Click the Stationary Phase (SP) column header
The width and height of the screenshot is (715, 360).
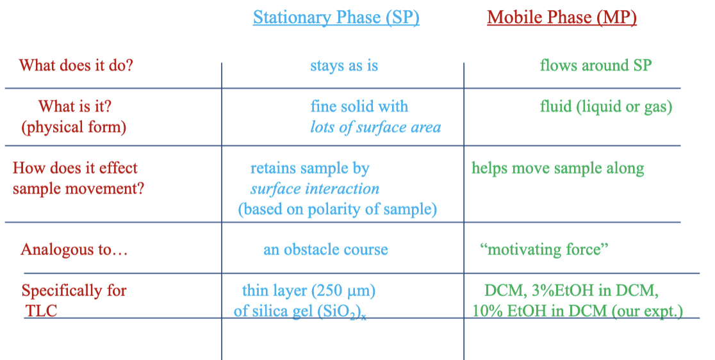(x=336, y=17)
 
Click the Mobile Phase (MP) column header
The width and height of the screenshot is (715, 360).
(x=561, y=17)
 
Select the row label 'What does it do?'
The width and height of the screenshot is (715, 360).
(x=76, y=65)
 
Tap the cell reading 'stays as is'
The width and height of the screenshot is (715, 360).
(x=344, y=65)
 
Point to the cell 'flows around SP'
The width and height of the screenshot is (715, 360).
(x=595, y=65)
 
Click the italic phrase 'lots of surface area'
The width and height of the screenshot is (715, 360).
(x=375, y=127)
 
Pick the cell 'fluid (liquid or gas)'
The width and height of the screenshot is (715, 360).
(x=605, y=106)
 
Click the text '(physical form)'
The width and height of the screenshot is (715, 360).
(x=74, y=127)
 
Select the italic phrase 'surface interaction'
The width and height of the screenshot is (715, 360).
(x=315, y=189)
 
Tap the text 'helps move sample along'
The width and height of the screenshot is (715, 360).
(x=557, y=168)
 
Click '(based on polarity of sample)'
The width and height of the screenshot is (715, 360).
(x=337, y=209)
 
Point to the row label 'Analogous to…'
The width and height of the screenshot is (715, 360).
(x=74, y=249)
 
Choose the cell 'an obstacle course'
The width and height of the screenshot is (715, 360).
(x=325, y=249)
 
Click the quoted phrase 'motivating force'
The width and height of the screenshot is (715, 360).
(x=544, y=249)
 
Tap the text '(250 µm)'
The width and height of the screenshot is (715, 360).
(x=343, y=291)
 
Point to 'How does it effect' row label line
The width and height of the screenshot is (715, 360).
(x=75, y=168)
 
